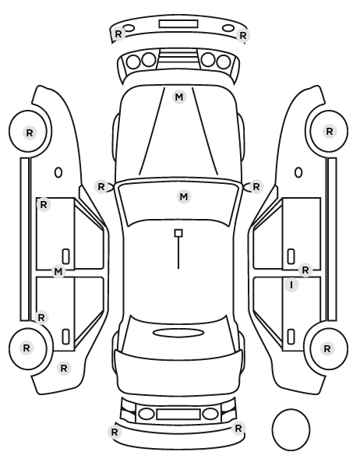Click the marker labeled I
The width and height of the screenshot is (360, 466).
click(x=291, y=285)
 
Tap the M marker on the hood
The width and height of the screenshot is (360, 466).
click(x=179, y=97)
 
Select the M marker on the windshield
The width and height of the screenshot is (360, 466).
click(x=184, y=196)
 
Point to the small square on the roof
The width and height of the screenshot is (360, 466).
click(x=178, y=233)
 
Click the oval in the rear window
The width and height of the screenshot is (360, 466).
click(x=178, y=333)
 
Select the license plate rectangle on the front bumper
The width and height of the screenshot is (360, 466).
click(x=178, y=24)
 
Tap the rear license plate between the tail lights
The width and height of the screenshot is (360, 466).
click(x=178, y=414)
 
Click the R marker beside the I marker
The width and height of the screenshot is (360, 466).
click(x=305, y=270)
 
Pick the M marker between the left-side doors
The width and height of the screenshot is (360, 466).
click(x=58, y=272)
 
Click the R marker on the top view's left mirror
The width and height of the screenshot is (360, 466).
click(x=101, y=187)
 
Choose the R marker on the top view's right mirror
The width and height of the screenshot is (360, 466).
click(x=256, y=187)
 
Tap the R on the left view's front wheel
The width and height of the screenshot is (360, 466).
click(x=30, y=132)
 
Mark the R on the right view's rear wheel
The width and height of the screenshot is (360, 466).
click(x=327, y=348)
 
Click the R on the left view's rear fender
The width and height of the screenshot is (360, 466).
click(x=64, y=369)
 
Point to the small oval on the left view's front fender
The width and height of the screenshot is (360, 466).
click(x=58, y=172)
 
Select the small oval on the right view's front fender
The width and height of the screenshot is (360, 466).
click(x=298, y=172)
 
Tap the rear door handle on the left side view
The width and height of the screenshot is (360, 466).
click(x=65, y=337)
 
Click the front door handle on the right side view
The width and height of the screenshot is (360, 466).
click(x=291, y=256)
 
